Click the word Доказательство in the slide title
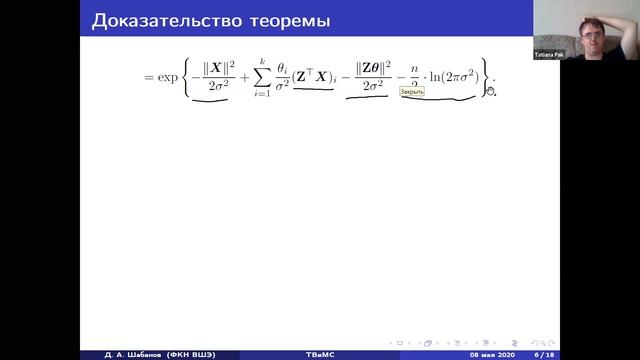[x=151, y=20]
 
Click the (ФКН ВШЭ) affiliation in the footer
[x=183, y=353]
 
